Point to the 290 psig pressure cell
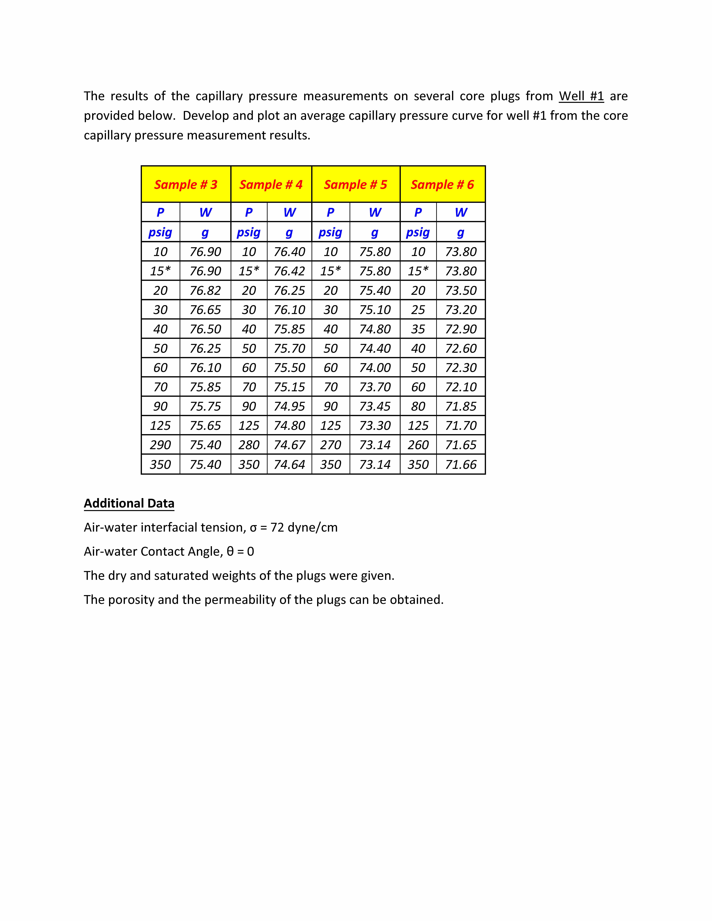pos(160,445)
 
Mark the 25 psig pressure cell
pos(418,310)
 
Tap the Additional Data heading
pos(129,503)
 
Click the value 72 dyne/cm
pos(304,528)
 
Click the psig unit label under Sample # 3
pos(160,232)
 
